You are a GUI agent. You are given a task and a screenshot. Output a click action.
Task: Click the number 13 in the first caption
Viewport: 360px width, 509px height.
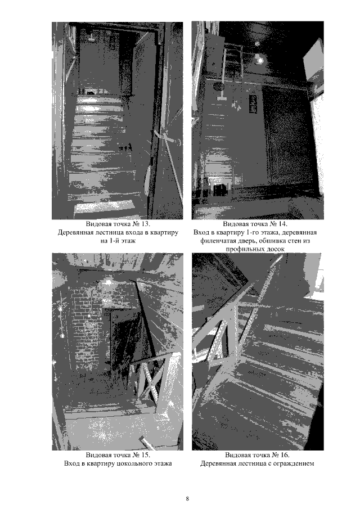(x=145, y=224)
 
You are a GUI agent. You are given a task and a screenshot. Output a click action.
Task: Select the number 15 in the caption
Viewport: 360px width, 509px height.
(x=145, y=455)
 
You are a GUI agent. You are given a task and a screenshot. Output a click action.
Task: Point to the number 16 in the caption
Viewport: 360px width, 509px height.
(x=284, y=455)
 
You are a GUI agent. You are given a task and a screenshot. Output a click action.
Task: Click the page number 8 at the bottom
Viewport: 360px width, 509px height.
(x=187, y=499)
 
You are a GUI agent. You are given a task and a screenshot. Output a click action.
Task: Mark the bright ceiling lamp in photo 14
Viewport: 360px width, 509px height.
(x=259, y=60)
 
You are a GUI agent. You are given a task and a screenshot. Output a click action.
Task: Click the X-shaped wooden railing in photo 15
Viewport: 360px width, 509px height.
(x=150, y=377)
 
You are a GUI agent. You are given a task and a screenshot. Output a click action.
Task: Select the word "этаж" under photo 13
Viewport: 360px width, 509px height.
(x=128, y=241)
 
